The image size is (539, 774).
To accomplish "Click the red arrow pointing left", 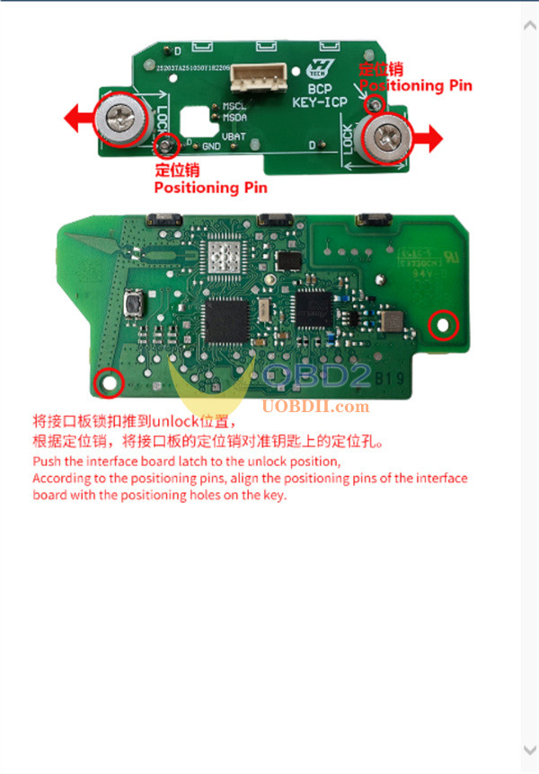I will (x=79, y=117).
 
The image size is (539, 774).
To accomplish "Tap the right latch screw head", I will (x=387, y=137).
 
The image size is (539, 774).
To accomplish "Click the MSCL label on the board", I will (x=235, y=106).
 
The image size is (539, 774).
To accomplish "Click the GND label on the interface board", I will (x=211, y=146).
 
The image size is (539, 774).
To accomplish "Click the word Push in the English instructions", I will (x=47, y=461).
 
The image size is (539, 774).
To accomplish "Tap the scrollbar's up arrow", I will (x=529, y=26).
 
